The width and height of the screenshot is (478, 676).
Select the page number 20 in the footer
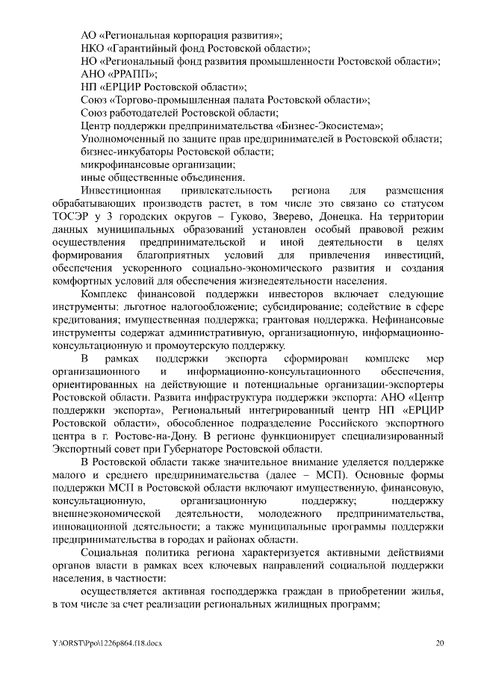pyautogui.click(x=440, y=643)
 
